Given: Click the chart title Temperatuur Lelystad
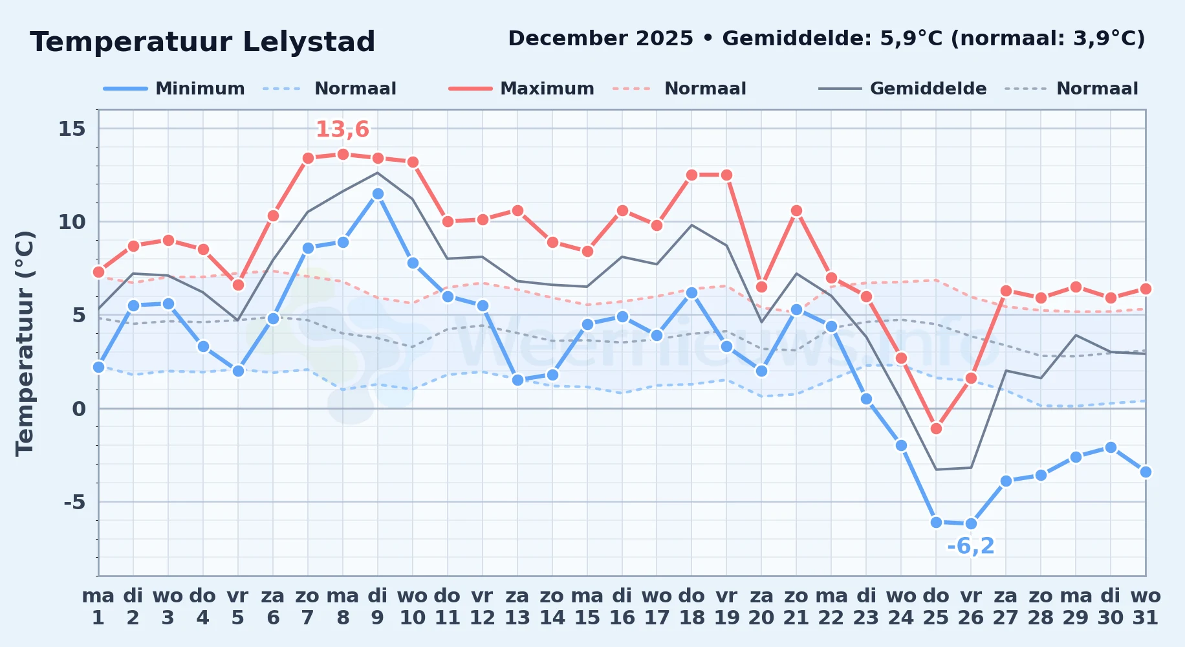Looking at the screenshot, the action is click(202, 42).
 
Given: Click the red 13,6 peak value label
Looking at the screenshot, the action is click(342, 129).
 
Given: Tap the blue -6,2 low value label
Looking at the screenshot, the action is click(970, 546).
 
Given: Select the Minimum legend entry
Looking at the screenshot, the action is click(174, 89).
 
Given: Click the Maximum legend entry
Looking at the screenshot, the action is click(521, 89).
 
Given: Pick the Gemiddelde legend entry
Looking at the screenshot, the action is click(902, 89).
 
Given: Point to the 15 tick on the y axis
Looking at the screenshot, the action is click(72, 129).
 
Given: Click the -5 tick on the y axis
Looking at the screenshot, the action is click(74, 502).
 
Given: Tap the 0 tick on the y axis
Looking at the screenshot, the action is click(79, 409).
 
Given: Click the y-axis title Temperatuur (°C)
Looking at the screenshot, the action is click(25, 343).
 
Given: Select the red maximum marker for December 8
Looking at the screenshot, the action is click(343, 155).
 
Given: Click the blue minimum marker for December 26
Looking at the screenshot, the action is click(971, 524).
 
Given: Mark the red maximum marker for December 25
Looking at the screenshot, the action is click(936, 428).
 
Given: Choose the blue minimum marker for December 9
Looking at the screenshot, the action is click(378, 194).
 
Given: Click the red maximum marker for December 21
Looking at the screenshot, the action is click(796, 211).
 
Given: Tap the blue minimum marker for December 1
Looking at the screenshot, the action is click(98, 367).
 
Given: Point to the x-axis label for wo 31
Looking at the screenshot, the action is click(1146, 607).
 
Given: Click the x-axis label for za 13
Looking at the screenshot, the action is click(517, 607).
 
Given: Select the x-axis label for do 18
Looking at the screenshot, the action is click(691, 607).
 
